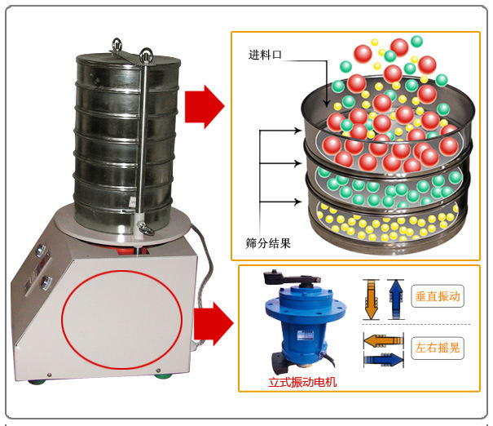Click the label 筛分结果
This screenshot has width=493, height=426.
point(269,242)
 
